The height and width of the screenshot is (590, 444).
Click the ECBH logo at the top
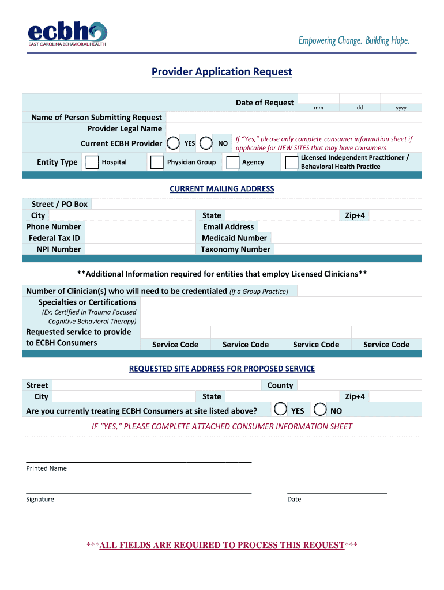[x=67, y=34]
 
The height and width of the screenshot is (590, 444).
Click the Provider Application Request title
[x=222, y=72]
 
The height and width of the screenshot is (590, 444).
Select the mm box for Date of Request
[x=318, y=103]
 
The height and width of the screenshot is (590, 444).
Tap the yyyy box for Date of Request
[x=401, y=103]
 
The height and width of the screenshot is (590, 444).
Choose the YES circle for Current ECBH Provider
[x=173, y=143]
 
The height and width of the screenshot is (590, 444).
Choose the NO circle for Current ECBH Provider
[x=206, y=143]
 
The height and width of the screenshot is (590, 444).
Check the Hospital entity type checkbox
[x=92, y=162]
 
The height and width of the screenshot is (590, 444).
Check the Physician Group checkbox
[x=156, y=162]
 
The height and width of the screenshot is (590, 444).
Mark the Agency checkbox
[x=233, y=162]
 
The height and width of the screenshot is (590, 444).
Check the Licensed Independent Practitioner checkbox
[x=291, y=162]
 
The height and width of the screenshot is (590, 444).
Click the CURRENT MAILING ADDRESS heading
[x=222, y=189]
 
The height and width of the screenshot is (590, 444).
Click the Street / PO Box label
[x=59, y=204]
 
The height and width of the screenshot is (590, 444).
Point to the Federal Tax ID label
[x=54, y=238]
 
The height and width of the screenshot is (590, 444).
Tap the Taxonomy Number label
[x=235, y=249]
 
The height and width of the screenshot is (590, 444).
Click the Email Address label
[x=228, y=226]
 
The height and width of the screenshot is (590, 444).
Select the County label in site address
[x=280, y=385]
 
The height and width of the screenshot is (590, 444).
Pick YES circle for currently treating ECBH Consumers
[x=280, y=409]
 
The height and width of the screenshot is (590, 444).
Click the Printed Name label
[x=46, y=468]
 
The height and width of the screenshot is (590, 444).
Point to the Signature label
[x=40, y=500]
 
